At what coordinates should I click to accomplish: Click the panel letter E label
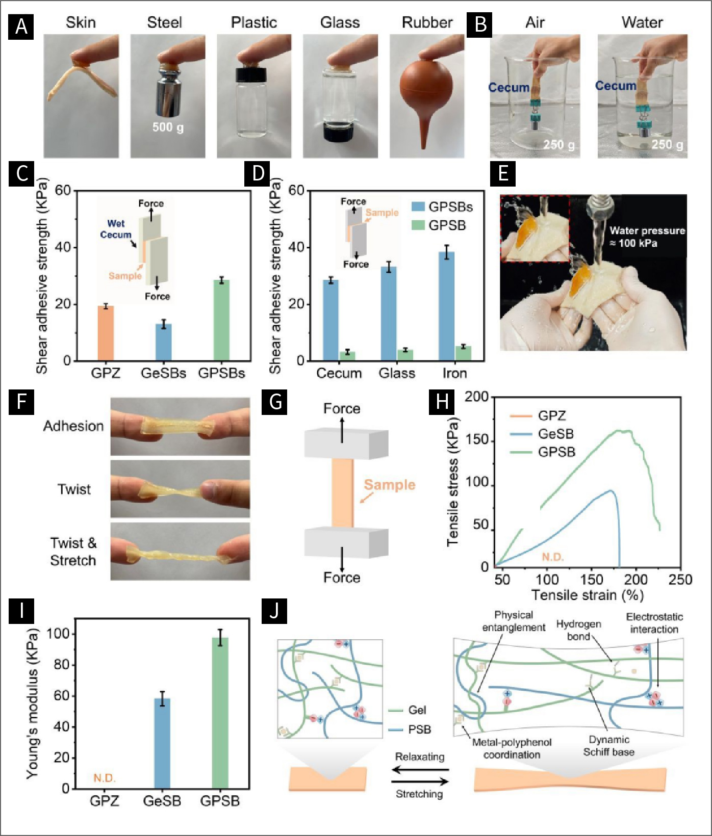click(502, 173)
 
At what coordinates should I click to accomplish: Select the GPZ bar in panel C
click(106, 333)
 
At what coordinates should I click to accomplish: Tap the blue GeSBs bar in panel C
click(164, 342)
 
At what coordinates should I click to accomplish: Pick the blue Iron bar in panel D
click(447, 306)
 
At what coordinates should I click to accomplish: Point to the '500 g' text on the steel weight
click(168, 127)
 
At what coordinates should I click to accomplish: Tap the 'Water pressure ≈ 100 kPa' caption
click(647, 237)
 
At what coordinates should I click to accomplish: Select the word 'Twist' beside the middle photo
click(74, 489)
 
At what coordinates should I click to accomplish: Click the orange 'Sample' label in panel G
click(389, 485)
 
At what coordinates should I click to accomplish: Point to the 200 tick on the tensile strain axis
click(635, 580)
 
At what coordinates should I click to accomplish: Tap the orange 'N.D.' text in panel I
click(105, 778)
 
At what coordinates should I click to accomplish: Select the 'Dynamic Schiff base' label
click(608, 746)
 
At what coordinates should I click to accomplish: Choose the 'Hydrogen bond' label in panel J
click(578, 630)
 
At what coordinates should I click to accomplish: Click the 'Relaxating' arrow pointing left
click(420, 770)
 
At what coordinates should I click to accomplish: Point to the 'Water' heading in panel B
click(642, 22)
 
